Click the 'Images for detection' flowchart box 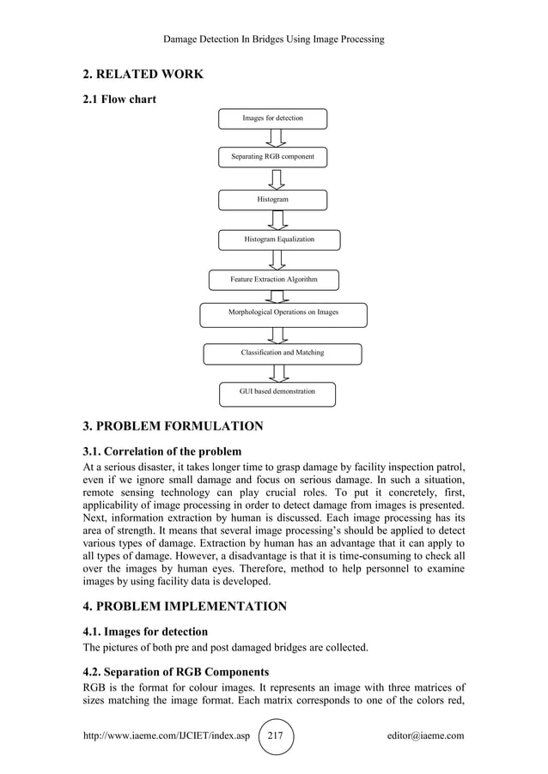point(272,118)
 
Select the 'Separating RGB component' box point(272,158)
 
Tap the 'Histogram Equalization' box point(279,239)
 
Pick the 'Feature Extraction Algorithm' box point(274,281)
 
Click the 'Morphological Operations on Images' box point(283,314)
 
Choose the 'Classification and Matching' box point(282,354)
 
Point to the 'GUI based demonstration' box point(277,393)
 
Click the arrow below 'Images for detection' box point(275,138)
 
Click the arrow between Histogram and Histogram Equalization point(277,220)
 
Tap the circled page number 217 point(275,736)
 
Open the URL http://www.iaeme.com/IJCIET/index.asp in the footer point(164,736)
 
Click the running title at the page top point(273,39)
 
